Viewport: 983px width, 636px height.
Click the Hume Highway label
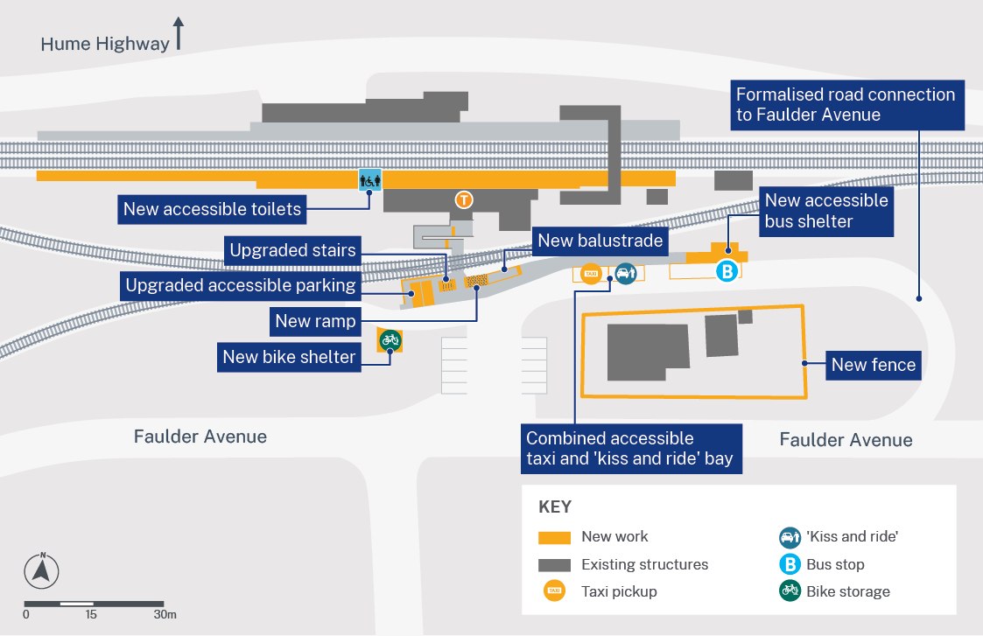(105, 43)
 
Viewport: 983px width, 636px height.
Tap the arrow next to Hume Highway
(179, 32)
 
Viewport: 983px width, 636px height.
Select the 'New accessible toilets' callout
(212, 209)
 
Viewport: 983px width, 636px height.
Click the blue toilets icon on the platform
(370, 179)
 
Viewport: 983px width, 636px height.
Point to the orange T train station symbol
(464, 199)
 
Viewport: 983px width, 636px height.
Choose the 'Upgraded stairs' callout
(292, 251)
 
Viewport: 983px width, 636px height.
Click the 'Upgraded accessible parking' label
(240, 285)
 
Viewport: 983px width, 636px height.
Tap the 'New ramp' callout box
(315, 321)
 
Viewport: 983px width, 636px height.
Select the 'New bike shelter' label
(289, 357)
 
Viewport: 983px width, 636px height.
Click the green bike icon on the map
(390, 339)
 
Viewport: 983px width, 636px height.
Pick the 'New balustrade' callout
(600, 241)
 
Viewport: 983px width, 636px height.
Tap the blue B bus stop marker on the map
(727, 271)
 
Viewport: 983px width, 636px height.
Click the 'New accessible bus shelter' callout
(826, 211)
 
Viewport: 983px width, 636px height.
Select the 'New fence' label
(873, 365)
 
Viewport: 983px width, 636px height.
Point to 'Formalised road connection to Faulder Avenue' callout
(846, 105)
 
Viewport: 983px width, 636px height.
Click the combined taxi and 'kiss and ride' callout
(629, 448)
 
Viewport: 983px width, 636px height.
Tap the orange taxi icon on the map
(591, 274)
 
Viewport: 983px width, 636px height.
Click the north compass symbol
(41, 571)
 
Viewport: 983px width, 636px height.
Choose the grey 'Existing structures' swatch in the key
(553, 564)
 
